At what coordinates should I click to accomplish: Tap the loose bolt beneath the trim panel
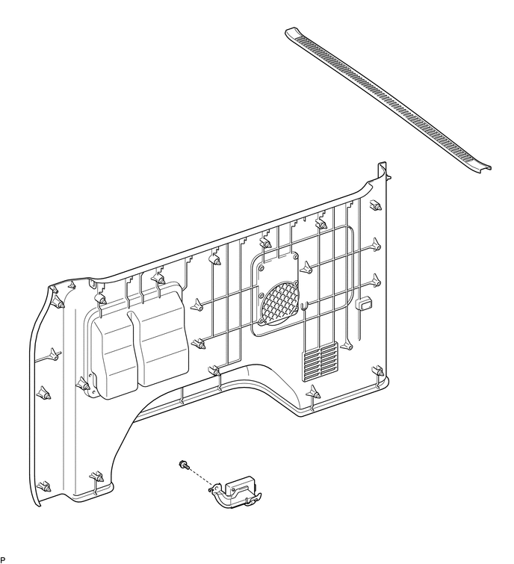(182, 465)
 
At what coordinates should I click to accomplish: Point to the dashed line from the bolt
(197, 476)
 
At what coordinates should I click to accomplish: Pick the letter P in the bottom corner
(3, 560)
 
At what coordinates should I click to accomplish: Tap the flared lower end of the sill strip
(484, 165)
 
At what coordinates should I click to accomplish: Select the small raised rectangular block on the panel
(365, 303)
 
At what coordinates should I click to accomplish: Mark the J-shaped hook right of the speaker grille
(306, 308)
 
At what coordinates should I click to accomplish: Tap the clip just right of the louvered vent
(348, 344)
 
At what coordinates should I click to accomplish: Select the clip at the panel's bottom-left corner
(43, 487)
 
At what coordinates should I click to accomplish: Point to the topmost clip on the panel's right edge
(375, 205)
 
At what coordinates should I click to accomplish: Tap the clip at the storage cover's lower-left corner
(83, 384)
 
